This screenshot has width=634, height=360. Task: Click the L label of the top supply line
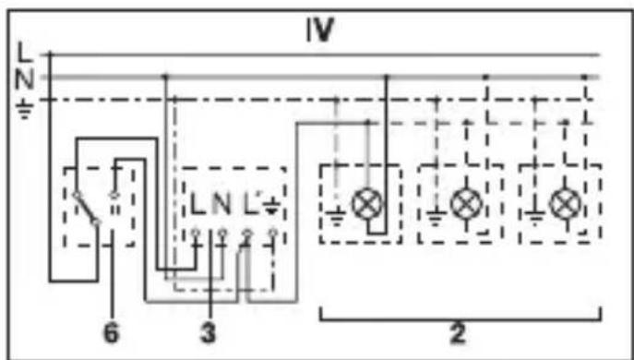tap(24, 53)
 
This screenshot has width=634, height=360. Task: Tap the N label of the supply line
tap(24, 80)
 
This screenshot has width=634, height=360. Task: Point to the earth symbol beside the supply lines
tap(24, 110)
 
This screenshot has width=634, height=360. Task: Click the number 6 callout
tap(112, 335)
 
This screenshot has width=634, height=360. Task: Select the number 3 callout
tap(209, 335)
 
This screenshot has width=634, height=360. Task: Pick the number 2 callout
tap(458, 335)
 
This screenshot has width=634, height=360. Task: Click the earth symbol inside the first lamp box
tap(336, 218)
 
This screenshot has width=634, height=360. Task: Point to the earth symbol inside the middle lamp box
tap(436, 218)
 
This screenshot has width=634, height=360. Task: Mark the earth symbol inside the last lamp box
tap(535, 218)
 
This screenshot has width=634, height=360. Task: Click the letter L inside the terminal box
tap(198, 204)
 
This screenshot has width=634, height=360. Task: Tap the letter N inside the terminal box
tap(221, 204)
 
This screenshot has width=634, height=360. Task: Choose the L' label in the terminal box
tap(250, 204)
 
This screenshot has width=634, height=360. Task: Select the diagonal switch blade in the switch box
tap(86, 209)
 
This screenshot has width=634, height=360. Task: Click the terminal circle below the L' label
tap(247, 234)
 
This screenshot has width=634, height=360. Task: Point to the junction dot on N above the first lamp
tap(386, 77)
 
